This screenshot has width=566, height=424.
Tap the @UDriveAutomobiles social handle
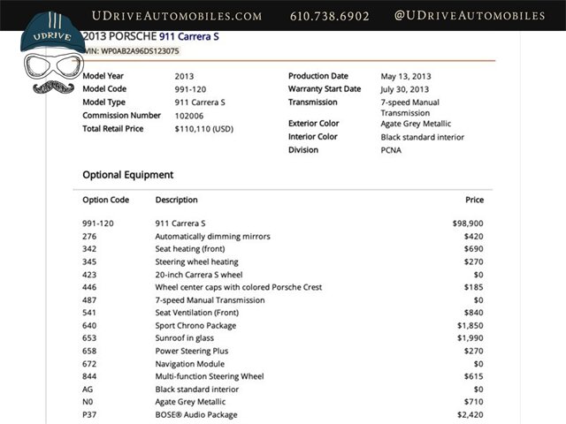click(x=469, y=16)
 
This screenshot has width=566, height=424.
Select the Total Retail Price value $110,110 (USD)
click(x=204, y=129)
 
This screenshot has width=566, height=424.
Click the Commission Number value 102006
click(x=188, y=116)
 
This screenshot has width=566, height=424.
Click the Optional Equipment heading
click(x=127, y=175)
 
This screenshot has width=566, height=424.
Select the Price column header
click(x=474, y=200)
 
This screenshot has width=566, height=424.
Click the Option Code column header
click(x=105, y=200)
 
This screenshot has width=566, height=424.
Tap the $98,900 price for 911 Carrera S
click(x=468, y=223)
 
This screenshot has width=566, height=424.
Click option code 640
click(x=89, y=326)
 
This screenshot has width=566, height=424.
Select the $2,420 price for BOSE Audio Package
click(x=470, y=415)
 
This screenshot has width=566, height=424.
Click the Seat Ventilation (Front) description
click(x=196, y=313)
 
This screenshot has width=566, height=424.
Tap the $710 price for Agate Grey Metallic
click(x=474, y=402)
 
